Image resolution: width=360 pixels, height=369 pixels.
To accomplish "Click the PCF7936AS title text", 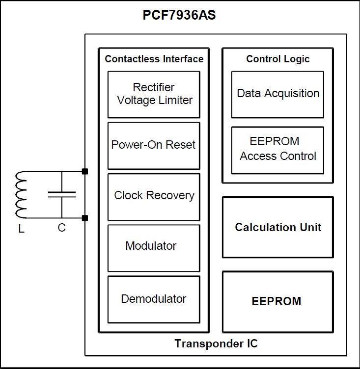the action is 179,15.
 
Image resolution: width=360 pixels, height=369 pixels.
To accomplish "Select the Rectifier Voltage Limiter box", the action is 154,94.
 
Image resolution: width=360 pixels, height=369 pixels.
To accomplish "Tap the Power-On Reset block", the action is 154,146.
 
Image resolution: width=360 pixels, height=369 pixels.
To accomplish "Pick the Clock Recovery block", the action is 154,197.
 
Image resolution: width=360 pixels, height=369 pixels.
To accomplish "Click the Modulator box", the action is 154,248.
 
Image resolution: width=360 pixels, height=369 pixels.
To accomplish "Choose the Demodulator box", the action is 154,300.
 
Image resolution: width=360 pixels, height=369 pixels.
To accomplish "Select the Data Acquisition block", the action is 278,94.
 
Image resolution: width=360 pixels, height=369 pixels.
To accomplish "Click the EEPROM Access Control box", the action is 278,150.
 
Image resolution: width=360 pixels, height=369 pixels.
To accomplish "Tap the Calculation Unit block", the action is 278,227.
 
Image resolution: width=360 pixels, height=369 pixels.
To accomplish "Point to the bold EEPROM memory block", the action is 278,302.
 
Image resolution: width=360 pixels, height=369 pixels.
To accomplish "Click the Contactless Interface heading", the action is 154,59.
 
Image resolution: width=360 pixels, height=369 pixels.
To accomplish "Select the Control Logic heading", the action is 278,59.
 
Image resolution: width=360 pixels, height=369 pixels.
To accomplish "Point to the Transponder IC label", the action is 216,343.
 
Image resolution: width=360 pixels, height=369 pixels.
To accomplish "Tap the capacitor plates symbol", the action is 62,195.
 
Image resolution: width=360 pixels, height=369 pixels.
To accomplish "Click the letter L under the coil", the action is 22,229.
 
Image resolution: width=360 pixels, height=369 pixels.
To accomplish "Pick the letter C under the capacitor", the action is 62,228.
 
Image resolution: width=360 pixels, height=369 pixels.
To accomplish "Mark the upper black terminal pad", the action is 85,171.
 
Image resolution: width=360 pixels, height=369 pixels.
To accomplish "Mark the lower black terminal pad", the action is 85,218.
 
